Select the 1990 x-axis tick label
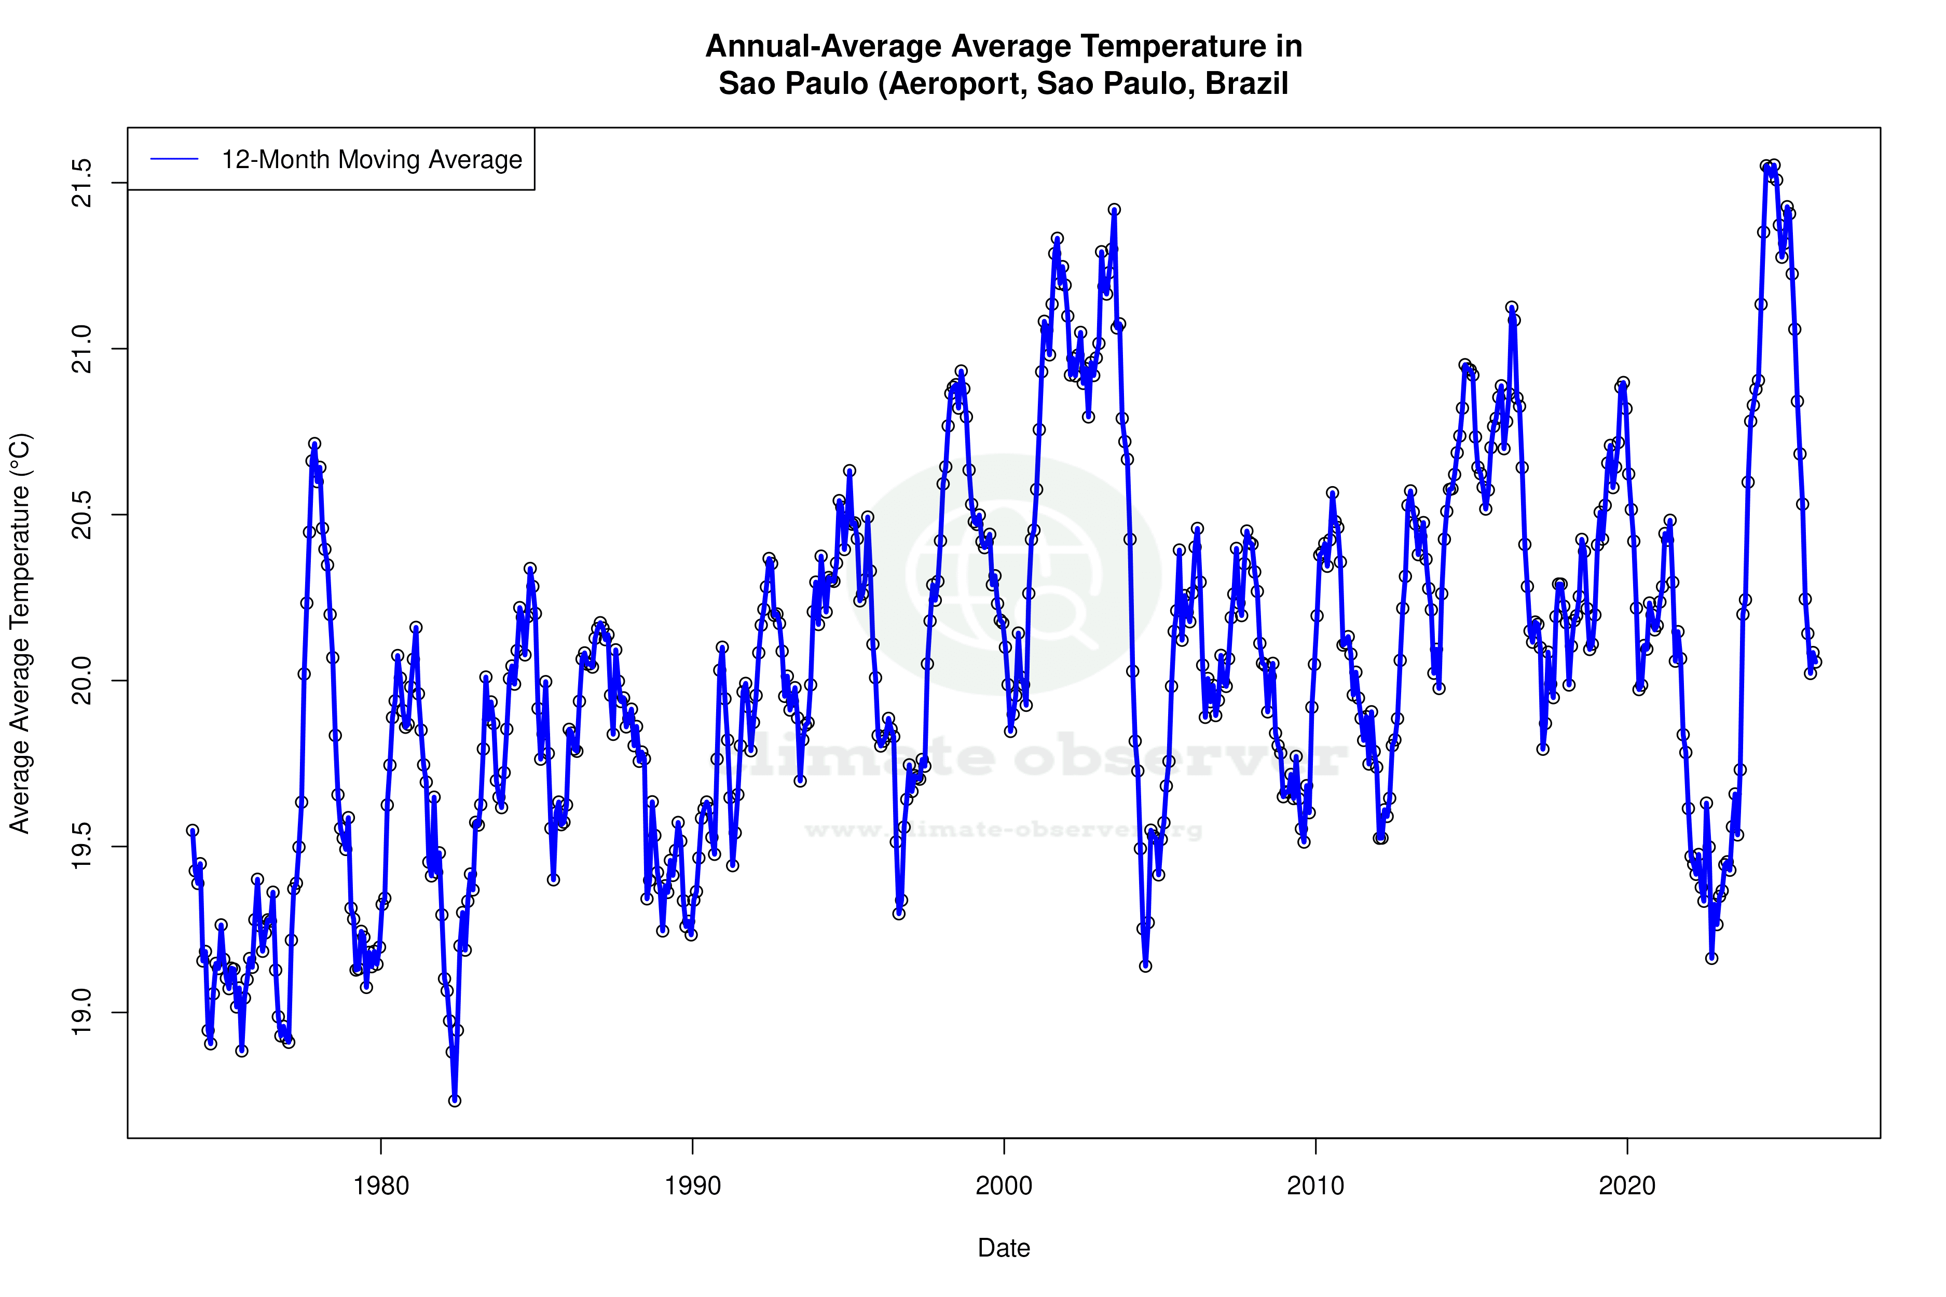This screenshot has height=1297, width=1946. coord(693,1186)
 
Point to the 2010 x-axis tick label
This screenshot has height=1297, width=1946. coord(1315,1186)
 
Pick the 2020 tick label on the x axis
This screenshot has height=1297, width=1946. coord(1627,1186)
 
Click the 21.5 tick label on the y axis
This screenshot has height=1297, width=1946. coord(83,183)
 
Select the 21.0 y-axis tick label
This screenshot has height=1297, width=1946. coord(83,349)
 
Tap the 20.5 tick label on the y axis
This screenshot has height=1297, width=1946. coord(83,515)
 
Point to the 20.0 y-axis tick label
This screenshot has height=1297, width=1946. coord(83,681)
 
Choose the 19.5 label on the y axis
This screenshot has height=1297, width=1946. coord(83,846)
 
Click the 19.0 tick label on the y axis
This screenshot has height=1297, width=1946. coord(83,1013)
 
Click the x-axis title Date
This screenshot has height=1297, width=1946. coord(1004,1248)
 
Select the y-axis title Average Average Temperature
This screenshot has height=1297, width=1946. coord(20,633)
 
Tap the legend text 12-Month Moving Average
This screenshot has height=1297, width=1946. coord(372,160)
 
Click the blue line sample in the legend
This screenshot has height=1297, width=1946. coord(174,160)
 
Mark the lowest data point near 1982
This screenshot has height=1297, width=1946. coord(454,1100)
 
